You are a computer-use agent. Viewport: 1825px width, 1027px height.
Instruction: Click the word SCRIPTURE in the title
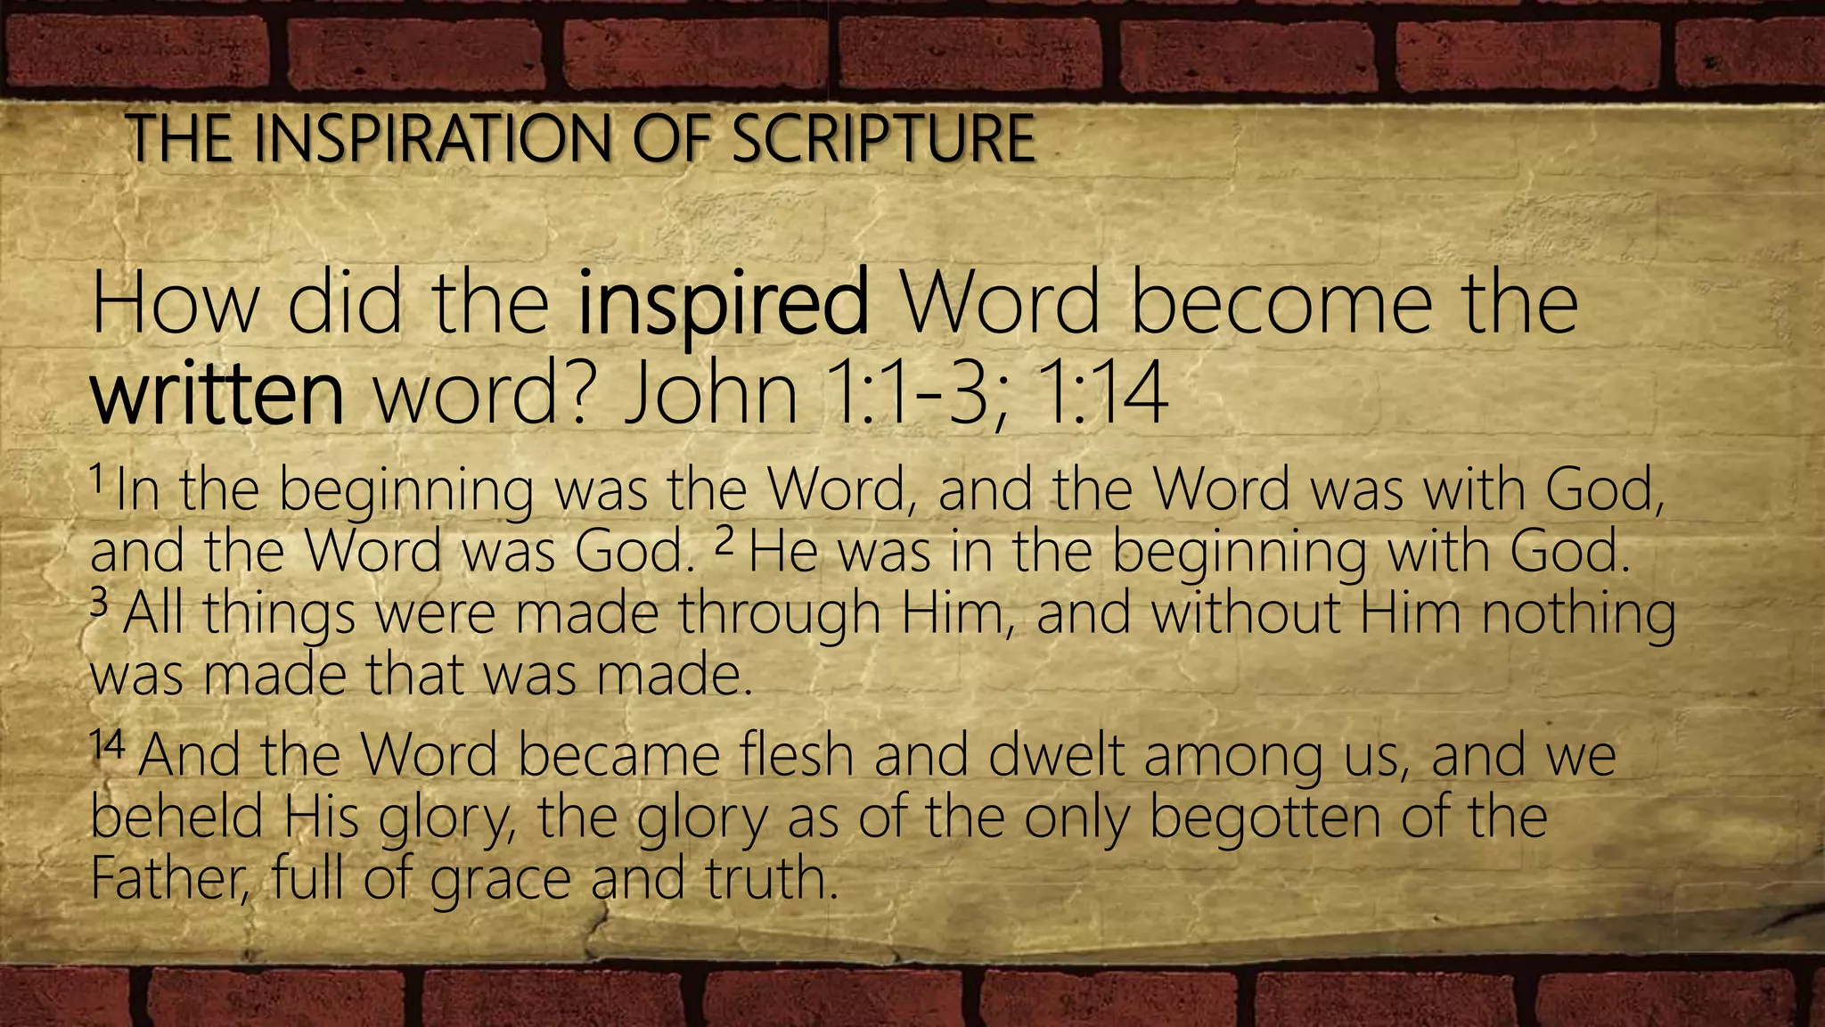click(883, 139)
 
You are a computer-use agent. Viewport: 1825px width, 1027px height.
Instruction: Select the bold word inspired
click(723, 304)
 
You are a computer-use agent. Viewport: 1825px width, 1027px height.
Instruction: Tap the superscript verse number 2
click(725, 543)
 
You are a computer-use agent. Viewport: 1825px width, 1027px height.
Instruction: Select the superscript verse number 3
click(99, 604)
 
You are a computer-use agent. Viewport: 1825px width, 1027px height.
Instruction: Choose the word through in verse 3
click(779, 615)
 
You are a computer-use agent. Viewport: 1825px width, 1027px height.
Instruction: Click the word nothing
click(1578, 615)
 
